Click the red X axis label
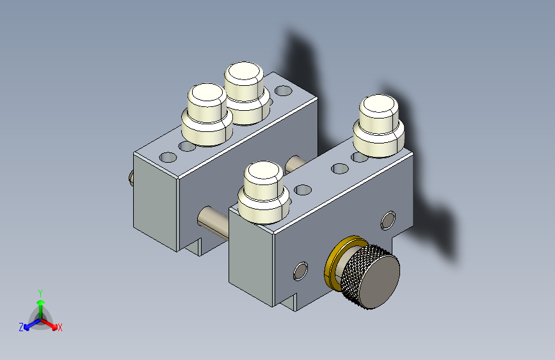click(60, 327)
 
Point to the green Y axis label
click(40, 293)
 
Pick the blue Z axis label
click(21, 327)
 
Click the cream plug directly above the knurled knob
click(264, 192)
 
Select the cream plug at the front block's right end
click(379, 126)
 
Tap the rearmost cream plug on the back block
click(246, 93)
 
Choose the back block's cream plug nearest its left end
click(207, 115)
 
